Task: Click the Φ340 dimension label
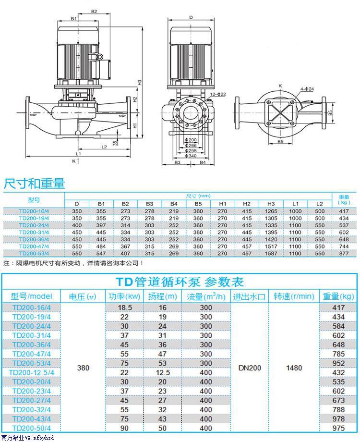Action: coord(191,156)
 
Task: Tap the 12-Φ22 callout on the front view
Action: coord(218,95)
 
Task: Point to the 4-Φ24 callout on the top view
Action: coord(307,89)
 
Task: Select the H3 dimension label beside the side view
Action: coord(140,82)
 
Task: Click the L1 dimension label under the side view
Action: coord(78,154)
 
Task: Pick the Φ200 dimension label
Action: coord(191,140)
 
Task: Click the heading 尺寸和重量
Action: coord(35,184)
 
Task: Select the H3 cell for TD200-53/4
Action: coord(271,253)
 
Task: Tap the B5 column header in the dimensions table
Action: coord(198,204)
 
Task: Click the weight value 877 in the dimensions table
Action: coord(344,253)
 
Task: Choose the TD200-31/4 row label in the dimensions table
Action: coord(34,232)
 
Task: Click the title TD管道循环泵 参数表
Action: coord(180,282)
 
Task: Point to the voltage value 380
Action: coord(83,368)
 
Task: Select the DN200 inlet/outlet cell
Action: coord(250,368)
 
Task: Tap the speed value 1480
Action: coord(294,368)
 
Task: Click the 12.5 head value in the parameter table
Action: coord(163,373)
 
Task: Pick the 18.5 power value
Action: coord(124,307)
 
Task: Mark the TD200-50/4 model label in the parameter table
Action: coord(32,428)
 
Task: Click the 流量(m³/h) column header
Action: coord(206,296)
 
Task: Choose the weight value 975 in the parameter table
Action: coord(338,428)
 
